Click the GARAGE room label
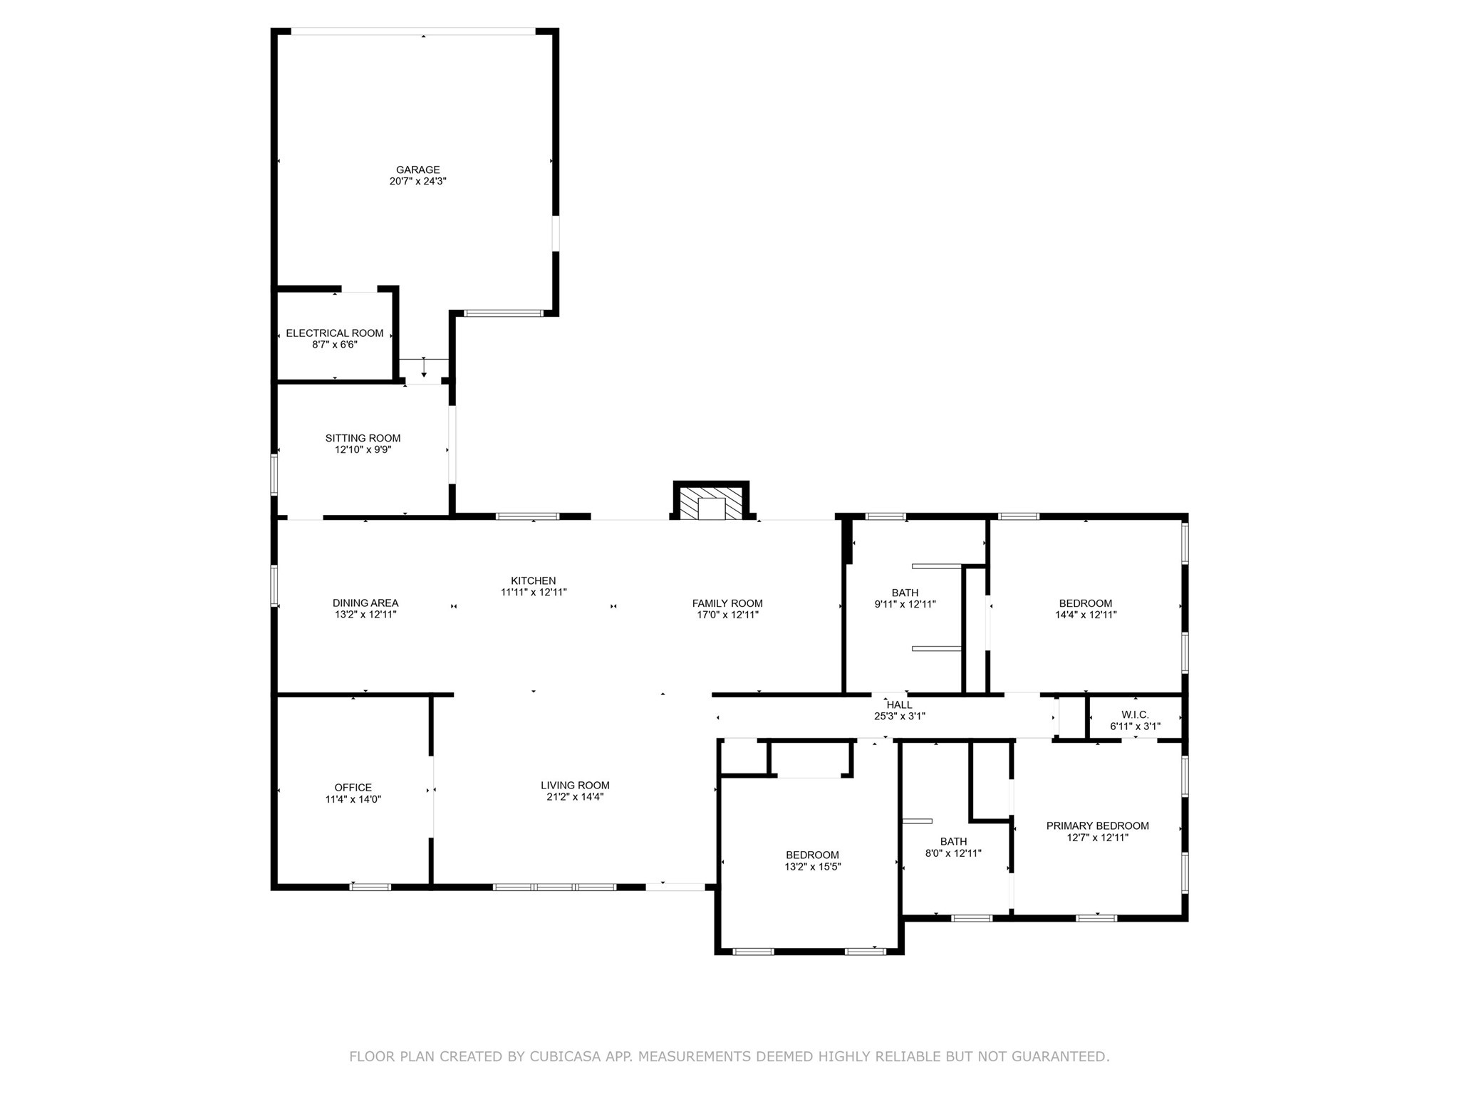click(x=417, y=170)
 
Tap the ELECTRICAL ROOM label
click(x=334, y=333)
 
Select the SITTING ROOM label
click(x=363, y=438)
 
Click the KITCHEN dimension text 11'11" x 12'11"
click(x=533, y=592)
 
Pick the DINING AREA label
click(x=365, y=603)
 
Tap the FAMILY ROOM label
click(x=727, y=603)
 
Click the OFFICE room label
click(x=353, y=788)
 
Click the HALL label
click(x=899, y=705)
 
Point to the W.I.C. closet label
click(x=1135, y=715)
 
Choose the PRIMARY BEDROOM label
click(x=1097, y=826)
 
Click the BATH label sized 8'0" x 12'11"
click(x=953, y=842)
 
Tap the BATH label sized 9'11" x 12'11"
click(x=905, y=593)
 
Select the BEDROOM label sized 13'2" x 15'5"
click(x=812, y=855)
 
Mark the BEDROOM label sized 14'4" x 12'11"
click(x=1085, y=603)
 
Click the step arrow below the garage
click(x=424, y=368)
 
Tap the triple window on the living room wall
click(x=554, y=887)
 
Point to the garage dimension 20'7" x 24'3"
click(x=417, y=182)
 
